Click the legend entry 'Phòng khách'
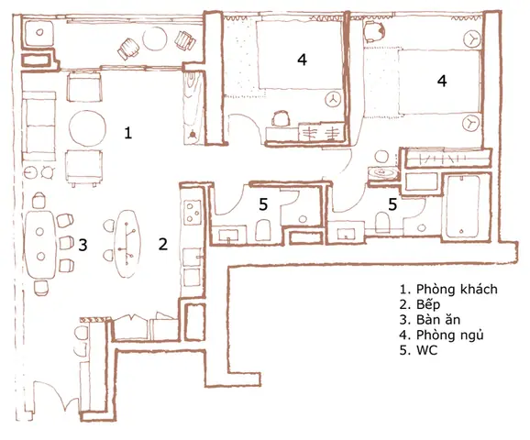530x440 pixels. click(x=457, y=290)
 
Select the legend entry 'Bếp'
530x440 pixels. click(x=428, y=304)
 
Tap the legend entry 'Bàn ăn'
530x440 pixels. click(x=438, y=319)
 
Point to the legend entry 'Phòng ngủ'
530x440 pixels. click(x=449, y=335)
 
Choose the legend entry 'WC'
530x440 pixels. click(x=427, y=350)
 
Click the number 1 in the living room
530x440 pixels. click(x=127, y=133)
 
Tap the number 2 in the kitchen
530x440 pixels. click(x=163, y=244)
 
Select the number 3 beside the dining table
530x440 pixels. click(x=83, y=245)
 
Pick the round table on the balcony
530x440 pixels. click(x=155, y=38)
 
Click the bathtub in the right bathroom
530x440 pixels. click(x=463, y=206)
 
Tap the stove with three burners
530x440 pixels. click(x=193, y=213)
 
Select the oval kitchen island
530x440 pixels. click(x=127, y=243)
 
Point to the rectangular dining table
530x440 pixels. click(x=40, y=245)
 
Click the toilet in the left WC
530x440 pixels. click(x=262, y=230)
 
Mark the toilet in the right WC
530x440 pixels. click(x=382, y=222)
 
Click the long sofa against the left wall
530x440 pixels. click(x=39, y=126)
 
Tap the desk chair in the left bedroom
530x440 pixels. click(x=281, y=118)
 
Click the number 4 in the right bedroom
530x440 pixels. click(x=442, y=81)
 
